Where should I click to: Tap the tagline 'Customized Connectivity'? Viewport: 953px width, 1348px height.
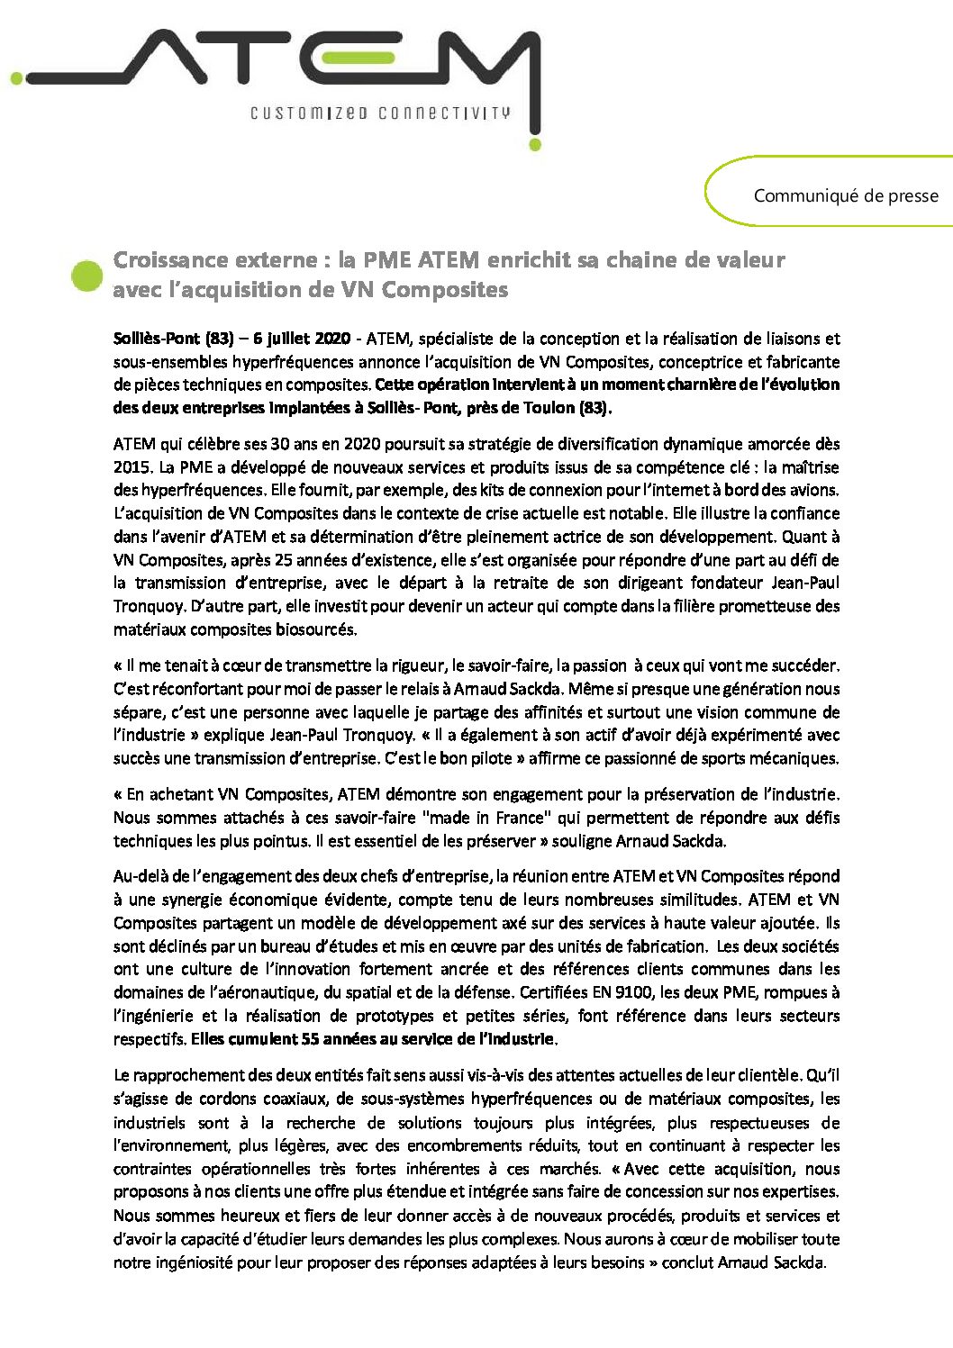click(380, 113)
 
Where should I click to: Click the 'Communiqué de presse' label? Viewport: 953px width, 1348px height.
click(845, 195)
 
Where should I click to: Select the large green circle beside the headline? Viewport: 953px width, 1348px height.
click(87, 276)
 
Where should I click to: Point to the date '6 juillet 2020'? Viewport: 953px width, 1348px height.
click(302, 339)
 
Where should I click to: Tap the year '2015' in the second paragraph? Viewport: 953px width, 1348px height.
click(132, 467)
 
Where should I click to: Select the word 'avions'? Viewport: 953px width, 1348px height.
click(813, 490)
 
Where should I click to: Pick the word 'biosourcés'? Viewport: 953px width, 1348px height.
click(317, 629)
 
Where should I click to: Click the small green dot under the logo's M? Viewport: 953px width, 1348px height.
click(535, 143)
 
